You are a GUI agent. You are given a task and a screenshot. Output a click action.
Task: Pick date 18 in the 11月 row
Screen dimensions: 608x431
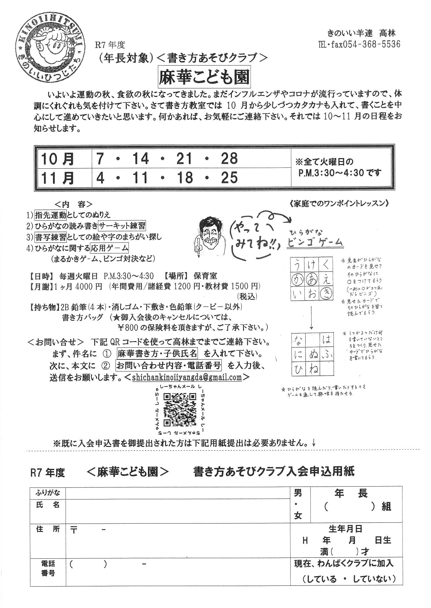(x=185, y=177)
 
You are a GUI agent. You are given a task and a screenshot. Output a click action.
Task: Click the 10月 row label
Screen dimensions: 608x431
(x=57, y=159)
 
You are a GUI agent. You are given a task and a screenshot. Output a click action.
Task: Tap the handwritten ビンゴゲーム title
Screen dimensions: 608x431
(x=315, y=242)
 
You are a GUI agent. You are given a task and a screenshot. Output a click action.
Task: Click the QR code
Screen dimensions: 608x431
(x=180, y=409)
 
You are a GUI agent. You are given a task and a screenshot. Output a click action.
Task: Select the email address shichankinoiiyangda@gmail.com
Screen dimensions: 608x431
(x=187, y=377)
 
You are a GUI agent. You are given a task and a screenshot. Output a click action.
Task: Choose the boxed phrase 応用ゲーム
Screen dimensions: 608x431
(x=109, y=248)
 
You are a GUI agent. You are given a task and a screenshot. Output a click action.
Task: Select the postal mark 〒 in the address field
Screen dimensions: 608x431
(x=73, y=530)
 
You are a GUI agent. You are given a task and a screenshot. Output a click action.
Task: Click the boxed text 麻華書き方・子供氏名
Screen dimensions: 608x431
(x=157, y=353)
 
